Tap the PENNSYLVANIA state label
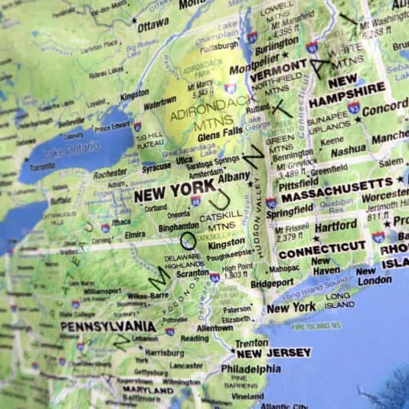point(107,326)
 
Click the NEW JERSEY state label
point(273,353)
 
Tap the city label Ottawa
point(153,25)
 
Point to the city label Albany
point(234,176)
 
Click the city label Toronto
point(43,168)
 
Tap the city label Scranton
point(192,273)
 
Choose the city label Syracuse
point(156,168)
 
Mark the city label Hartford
point(335,227)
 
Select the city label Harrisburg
point(164,351)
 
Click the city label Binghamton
point(178,227)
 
